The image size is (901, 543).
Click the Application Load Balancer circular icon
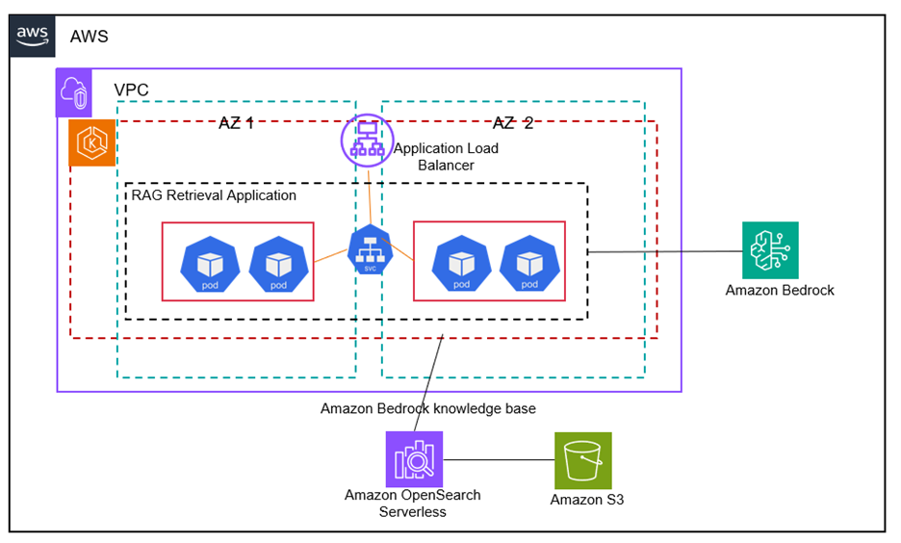coord(367,140)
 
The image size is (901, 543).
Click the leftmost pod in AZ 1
coord(210,264)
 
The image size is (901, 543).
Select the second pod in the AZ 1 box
coord(278,264)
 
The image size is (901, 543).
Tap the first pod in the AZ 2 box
coord(461,263)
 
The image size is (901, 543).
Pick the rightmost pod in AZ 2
coord(529,263)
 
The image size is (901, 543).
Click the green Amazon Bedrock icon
coord(770,249)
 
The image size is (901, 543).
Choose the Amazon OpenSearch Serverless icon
coord(414,459)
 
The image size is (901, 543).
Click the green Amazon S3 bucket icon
coord(583,460)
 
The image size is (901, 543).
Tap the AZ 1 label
coord(236,123)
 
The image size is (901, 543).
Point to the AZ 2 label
coord(512,123)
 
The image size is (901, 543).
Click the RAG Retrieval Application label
coord(214,195)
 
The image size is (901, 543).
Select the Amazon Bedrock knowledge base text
coord(427,409)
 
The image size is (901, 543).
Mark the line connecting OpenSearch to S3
coord(499,460)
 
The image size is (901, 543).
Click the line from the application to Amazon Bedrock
coord(664,252)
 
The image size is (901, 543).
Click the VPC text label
coord(132,90)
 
